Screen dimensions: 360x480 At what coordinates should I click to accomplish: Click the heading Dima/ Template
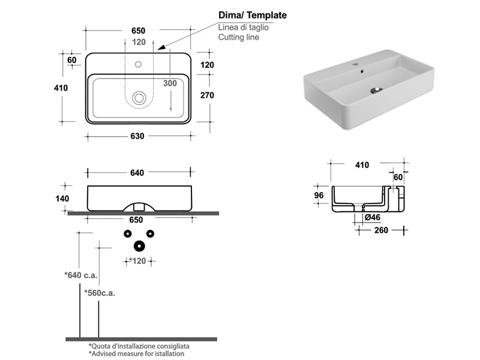click(253, 15)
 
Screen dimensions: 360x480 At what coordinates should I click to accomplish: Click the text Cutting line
click(239, 37)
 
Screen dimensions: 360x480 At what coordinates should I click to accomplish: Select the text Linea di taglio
click(243, 27)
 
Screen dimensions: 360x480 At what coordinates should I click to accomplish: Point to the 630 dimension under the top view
click(137, 136)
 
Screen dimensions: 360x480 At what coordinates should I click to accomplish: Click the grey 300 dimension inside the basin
click(170, 83)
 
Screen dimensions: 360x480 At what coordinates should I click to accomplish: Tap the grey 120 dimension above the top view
click(139, 42)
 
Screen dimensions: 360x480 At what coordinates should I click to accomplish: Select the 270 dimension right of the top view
click(206, 95)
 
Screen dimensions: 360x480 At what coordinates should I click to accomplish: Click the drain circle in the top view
click(140, 97)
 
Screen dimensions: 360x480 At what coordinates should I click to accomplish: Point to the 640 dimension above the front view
click(137, 173)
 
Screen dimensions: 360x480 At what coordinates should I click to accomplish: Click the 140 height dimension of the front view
click(62, 199)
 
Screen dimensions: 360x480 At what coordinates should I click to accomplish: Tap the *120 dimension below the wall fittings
click(139, 261)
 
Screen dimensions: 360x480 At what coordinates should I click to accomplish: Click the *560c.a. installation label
click(99, 293)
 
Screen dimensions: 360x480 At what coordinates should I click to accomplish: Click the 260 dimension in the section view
click(382, 230)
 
